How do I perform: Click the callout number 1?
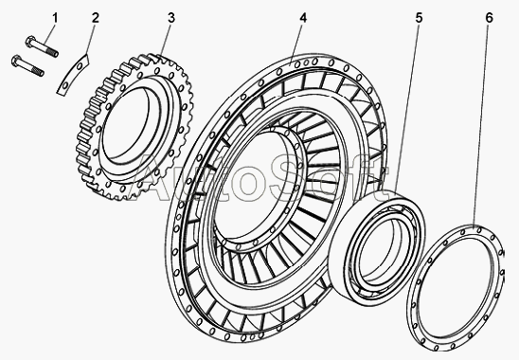coord(55,18)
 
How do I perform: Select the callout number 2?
coord(96,18)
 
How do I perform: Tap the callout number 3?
coord(170,18)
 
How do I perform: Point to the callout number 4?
coord(303,18)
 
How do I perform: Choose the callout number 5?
coord(419,18)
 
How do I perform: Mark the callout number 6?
coord(490,18)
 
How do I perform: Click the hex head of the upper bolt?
coord(30,41)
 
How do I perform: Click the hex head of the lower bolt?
coord(16,61)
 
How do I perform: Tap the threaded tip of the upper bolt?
coord(52,52)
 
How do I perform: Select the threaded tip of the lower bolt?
coord(38,72)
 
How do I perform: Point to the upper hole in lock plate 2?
coord(80,67)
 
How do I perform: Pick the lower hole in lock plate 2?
coord(65,86)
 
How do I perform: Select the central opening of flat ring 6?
coord(456,288)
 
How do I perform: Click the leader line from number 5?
coord(407,108)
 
